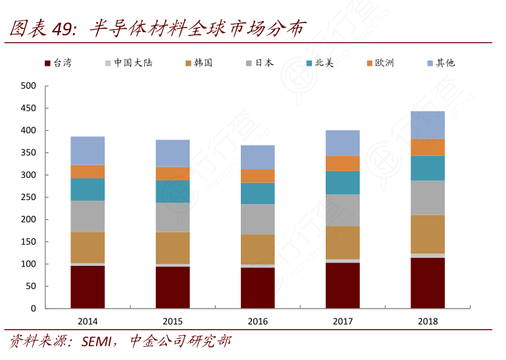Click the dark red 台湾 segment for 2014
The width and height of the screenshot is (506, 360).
tap(88, 287)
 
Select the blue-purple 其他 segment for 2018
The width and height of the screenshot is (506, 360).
tap(428, 125)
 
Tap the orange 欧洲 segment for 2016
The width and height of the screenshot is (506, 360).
tap(257, 176)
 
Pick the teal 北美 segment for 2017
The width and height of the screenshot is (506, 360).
tap(343, 182)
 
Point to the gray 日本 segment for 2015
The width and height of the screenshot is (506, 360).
tap(172, 217)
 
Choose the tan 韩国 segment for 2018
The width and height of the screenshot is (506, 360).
tap(428, 234)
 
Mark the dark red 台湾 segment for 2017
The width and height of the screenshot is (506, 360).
tap(343, 286)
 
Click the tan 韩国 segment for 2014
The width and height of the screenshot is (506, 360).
tap(88, 247)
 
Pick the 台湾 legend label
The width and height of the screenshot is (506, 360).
tap(63, 63)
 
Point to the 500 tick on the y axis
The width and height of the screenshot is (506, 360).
tap(28, 86)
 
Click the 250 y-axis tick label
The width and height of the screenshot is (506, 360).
tap(28, 197)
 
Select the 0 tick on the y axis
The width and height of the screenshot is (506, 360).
tap(33, 309)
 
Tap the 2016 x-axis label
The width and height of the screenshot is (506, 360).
tap(257, 322)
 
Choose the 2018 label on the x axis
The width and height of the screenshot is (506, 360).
tap(428, 322)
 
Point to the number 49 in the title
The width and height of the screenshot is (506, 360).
tap(61, 28)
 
